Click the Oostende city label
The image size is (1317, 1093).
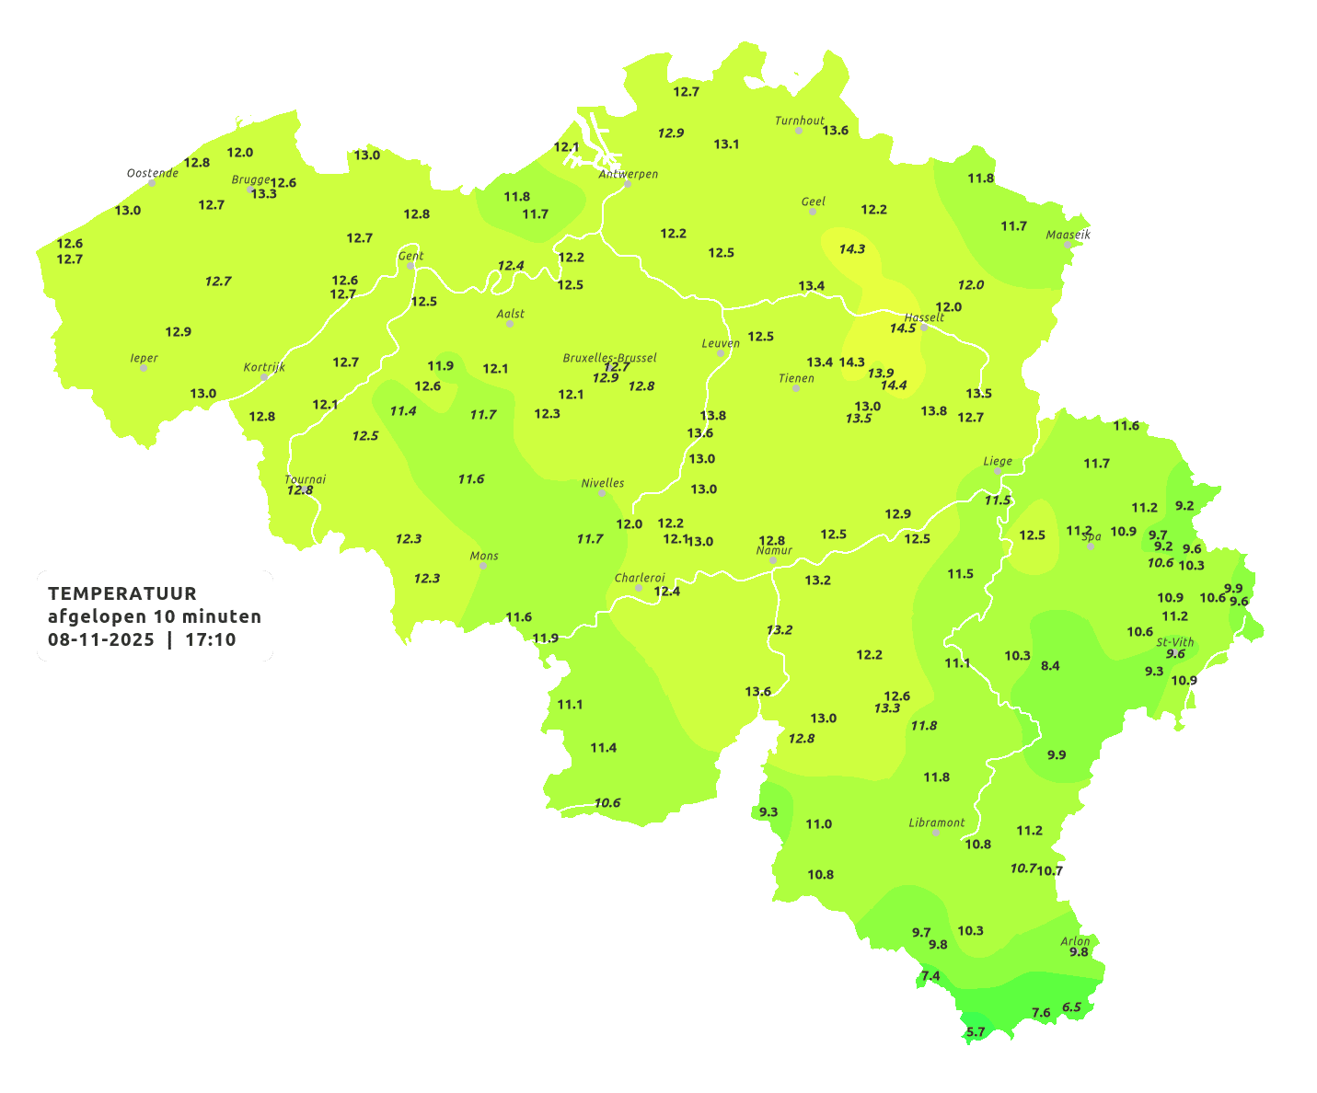click(x=152, y=173)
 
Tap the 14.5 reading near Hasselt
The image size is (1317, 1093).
click(x=903, y=328)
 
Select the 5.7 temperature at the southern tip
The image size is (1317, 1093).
click(x=976, y=1031)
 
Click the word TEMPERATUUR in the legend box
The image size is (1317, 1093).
click(x=122, y=593)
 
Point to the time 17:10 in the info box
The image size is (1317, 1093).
click(x=211, y=639)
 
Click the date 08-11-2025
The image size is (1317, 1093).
click(x=101, y=639)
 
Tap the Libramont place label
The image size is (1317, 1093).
click(x=936, y=823)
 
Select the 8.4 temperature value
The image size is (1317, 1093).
click(x=1050, y=665)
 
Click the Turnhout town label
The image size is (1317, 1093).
click(x=799, y=121)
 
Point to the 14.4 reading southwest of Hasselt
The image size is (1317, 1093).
click(x=894, y=385)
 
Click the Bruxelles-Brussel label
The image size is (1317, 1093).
click(x=609, y=357)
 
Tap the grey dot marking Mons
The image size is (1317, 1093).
click(x=483, y=566)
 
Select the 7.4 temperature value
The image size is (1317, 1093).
click(x=930, y=976)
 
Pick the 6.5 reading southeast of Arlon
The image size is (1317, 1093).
click(x=1071, y=1007)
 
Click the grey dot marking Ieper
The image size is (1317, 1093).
click(x=143, y=368)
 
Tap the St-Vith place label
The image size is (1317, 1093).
click(x=1175, y=642)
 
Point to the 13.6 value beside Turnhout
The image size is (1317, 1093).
click(x=835, y=131)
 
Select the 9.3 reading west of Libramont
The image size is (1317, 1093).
click(x=768, y=811)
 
